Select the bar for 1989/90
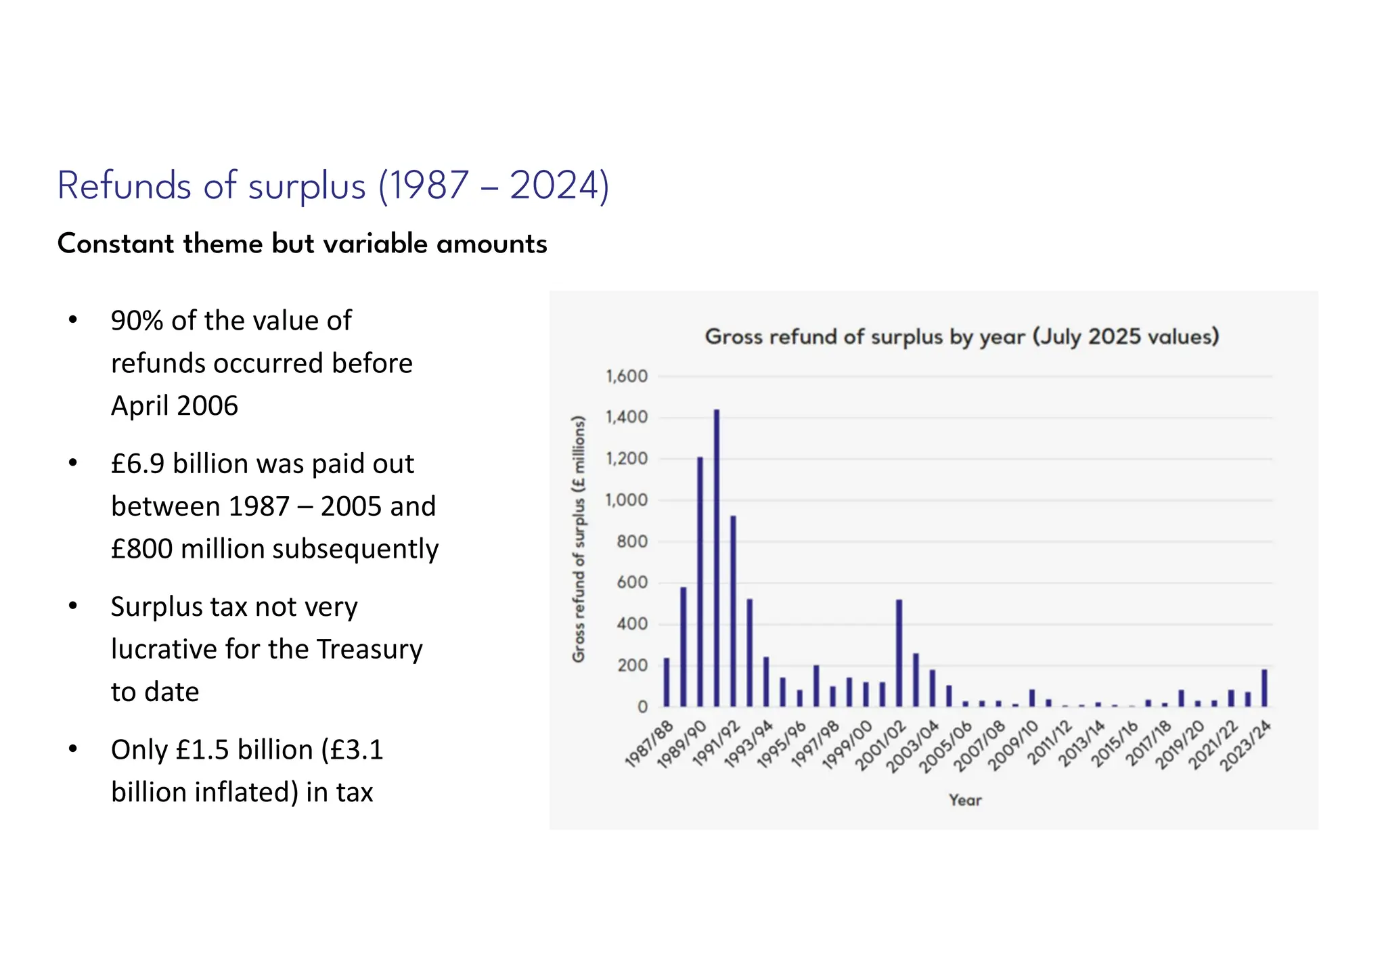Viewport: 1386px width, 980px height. click(700, 582)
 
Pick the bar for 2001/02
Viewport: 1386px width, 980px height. click(899, 653)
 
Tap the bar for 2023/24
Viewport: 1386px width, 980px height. click(1264, 688)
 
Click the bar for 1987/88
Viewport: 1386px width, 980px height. click(667, 682)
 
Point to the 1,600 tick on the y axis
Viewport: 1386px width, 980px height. click(627, 376)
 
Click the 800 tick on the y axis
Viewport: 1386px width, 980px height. click(632, 541)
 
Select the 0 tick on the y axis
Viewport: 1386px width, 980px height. click(642, 707)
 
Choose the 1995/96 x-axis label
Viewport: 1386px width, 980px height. click(781, 746)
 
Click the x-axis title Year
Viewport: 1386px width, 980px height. click(965, 800)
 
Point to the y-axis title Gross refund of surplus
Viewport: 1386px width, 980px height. click(579, 539)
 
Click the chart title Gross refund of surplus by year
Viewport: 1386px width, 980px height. click(962, 336)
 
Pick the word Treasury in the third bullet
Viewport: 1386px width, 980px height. click(370, 649)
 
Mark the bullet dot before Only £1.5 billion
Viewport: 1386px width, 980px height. click(73, 749)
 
